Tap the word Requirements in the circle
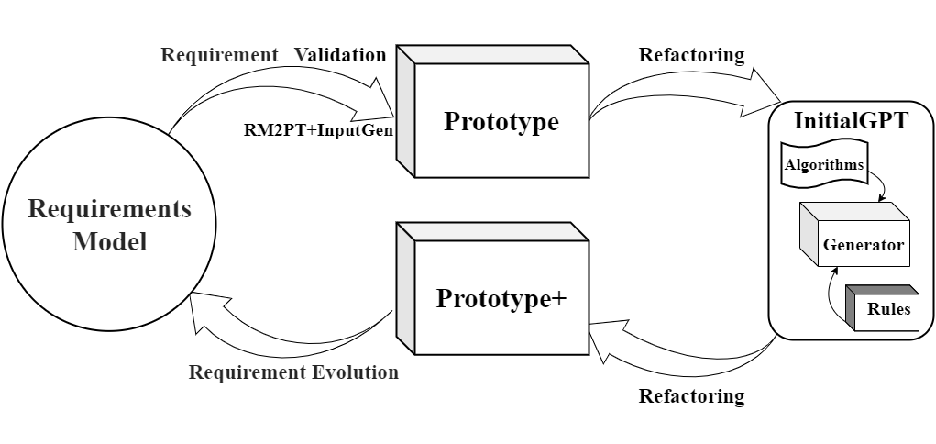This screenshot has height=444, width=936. point(109,209)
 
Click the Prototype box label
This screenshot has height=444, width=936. point(501,121)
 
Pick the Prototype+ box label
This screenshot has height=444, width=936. point(501,299)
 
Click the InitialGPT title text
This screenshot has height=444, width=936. point(850,120)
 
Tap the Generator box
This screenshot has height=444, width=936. point(863,245)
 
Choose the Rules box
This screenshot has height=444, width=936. point(888,308)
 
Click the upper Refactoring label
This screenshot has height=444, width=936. point(691,55)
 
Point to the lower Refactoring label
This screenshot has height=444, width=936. point(691,396)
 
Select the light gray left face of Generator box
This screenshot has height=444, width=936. point(810,237)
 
